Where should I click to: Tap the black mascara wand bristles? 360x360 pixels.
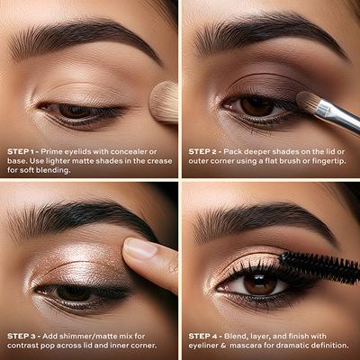point(319,267)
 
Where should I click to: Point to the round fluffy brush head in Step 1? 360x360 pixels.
point(164,102)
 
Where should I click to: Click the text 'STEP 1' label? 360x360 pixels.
point(21,151)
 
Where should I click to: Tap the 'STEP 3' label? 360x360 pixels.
point(21,336)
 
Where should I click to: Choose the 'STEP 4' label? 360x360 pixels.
point(202,336)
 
